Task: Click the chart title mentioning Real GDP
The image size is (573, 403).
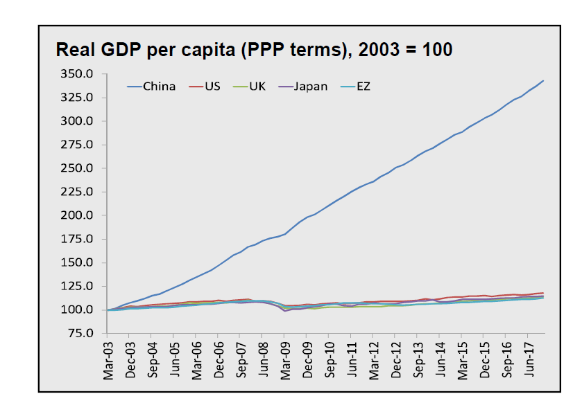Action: coord(253,50)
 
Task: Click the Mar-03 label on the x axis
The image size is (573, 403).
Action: coord(108,361)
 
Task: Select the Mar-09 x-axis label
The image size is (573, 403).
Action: coord(284,361)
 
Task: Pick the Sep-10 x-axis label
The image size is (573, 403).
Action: coord(330,361)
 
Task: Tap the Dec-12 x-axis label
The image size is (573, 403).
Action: coord(396,361)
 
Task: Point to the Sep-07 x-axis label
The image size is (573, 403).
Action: coord(241,361)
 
